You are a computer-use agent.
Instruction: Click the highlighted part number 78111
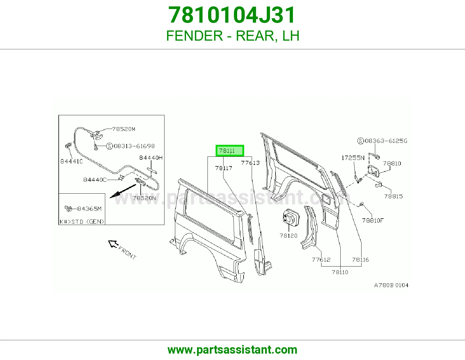click(x=227, y=151)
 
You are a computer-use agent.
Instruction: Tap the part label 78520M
click(x=124, y=129)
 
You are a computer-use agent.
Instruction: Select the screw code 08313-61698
click(x=134, y=146)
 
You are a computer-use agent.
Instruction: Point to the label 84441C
click(x=71, y=161)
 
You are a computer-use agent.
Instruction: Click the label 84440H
click(x=151, y=158)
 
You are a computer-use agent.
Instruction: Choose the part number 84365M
click(x=90, y=209)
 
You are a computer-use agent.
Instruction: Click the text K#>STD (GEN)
click(x=82, y=222)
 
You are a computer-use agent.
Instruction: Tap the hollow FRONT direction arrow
click(x=113, y=244)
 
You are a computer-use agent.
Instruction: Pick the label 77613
click(x=250, y=163)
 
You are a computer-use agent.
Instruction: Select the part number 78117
click(x=223, y=168)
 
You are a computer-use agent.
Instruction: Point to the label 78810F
click(x=373, y=220)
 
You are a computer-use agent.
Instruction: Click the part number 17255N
click(x=353, y=158)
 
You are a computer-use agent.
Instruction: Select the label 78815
click(x=393, y=196)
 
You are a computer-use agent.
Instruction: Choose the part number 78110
click(x=340, y=272)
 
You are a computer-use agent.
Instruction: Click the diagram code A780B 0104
click(x=391, y=285)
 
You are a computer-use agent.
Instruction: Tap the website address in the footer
click(x=233, y=350)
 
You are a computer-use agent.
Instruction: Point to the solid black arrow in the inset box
click(x=123, y=191)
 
